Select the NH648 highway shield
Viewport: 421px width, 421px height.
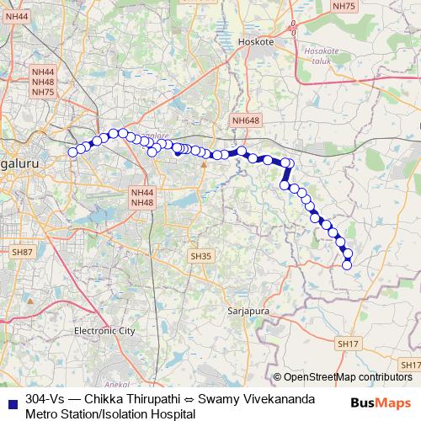(245, 120)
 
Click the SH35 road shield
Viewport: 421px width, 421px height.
(200, 255)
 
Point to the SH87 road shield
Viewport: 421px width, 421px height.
(22, 252)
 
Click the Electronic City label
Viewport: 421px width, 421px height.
(104, 331)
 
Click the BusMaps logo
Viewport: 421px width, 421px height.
(381, 402)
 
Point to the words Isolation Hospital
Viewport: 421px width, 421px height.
(148, 413)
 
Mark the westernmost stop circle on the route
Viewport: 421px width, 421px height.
(72, 152)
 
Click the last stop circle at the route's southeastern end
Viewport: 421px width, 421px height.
(347, 265)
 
